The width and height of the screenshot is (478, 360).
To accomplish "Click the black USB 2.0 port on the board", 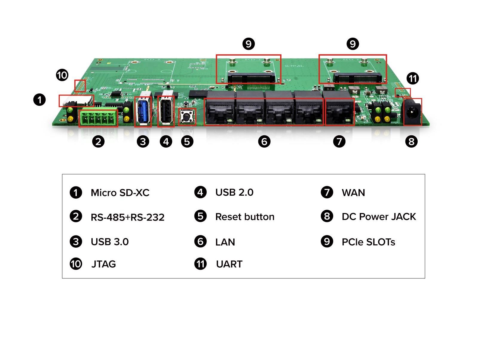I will (166, 112).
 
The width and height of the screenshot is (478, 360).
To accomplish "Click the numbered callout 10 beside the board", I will (62, 75).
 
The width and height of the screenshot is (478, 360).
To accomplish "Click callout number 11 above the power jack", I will (413, 79).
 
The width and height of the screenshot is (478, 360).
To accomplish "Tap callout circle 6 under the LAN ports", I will (264, 141).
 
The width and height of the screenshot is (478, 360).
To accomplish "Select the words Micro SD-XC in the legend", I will (120, 193).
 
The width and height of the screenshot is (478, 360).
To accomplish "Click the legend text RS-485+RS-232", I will (128, 217).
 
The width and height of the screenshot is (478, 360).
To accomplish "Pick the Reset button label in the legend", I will (245, 217).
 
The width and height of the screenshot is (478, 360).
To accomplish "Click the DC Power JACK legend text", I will (379, 217).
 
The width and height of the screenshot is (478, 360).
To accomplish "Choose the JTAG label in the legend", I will (103, 264).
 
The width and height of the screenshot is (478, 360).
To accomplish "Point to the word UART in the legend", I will (229, 264).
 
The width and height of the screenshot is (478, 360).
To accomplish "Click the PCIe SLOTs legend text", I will (368, 242).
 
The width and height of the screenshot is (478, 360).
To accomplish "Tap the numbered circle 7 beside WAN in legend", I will (327, 192).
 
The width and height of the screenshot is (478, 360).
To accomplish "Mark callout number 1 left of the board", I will (39, 100).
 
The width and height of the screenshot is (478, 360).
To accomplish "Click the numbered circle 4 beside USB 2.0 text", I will (200, 192).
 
